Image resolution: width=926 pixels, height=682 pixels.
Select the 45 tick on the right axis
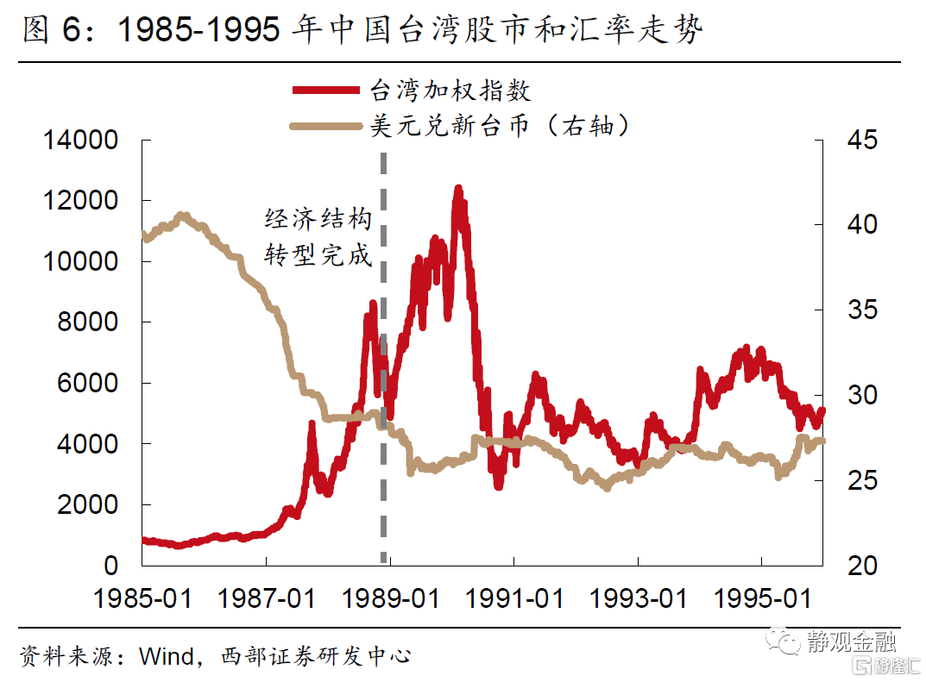[x=857, y=140]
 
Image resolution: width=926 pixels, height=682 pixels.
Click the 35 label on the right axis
[x=857, y=310]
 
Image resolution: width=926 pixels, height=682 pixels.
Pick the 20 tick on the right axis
[x=857, y=566]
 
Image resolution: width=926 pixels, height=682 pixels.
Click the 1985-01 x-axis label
[x=143, y=598]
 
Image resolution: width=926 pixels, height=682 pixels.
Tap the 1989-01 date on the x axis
[x=391, y=598]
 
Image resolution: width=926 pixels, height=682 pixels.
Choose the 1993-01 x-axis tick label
[x=639, y=598]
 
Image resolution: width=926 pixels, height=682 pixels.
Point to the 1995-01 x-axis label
[x=763, y=598]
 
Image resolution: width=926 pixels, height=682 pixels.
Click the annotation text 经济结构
[x=318, y=220]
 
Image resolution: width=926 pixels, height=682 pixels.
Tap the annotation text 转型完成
[x=318, y=256]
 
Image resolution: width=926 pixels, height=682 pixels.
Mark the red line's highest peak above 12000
[x=458, y=189]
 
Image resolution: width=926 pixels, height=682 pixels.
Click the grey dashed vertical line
[x=383, y=345]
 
